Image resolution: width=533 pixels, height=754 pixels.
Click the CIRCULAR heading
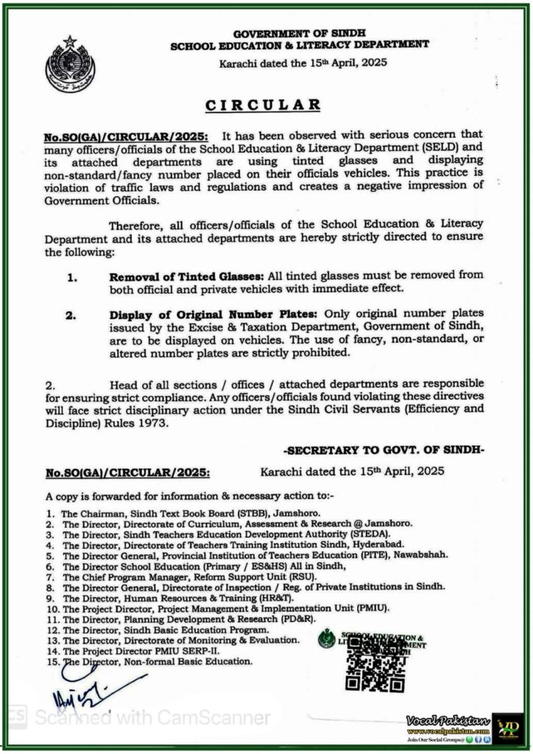tap(263, 105)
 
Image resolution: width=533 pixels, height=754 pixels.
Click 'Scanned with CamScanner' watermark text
tap(153, 716)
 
